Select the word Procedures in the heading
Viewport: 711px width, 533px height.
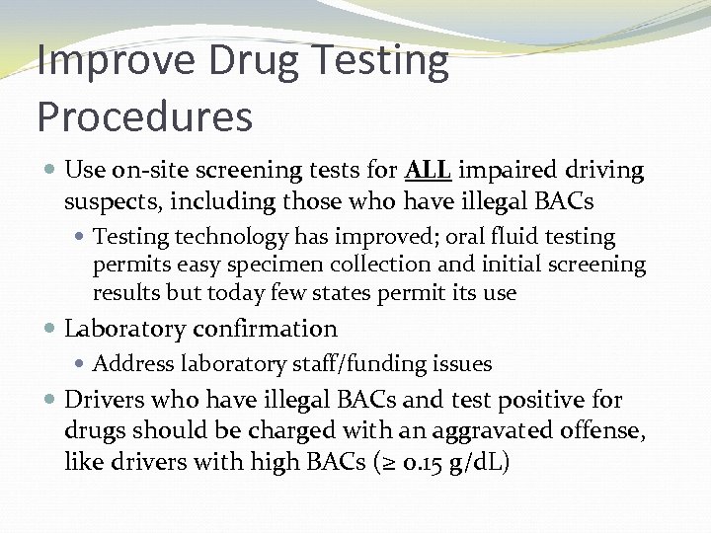click(144, 116)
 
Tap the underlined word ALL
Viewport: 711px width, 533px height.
click(429, 171)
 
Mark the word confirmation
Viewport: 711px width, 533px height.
click(264, 329)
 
